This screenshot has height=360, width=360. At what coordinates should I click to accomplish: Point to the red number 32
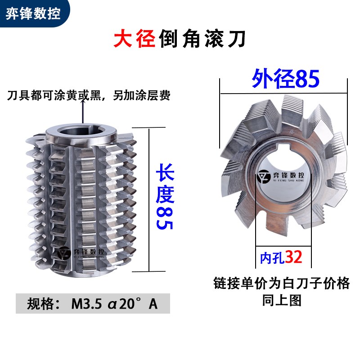point(293,257)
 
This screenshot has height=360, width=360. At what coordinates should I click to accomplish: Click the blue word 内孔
point(272,258)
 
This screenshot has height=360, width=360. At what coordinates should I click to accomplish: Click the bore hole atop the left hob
point(82,133)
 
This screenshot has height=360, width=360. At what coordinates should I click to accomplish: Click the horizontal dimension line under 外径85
point(283,93)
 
